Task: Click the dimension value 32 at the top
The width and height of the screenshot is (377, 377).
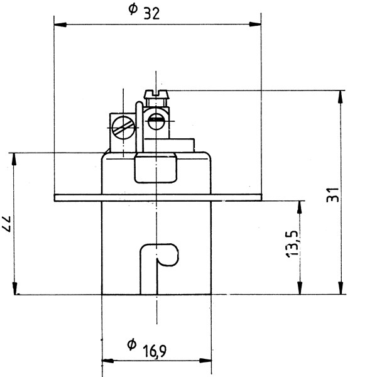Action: [x=151, y=14]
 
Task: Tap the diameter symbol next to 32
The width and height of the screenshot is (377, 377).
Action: [x=133, y=9]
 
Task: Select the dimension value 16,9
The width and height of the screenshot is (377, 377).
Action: [x=155, y=351]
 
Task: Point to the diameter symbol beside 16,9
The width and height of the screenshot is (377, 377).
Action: [x=131, y=344]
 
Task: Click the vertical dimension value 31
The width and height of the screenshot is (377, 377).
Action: [x=333, y=195]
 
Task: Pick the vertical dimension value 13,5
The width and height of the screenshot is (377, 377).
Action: [x=292, y=244]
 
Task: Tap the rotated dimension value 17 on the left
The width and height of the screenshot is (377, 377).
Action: [x=6, y=224]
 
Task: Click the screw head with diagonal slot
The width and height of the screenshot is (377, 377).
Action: [x=124, y=128]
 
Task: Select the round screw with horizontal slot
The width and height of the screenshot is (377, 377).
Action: [x=156, y=121]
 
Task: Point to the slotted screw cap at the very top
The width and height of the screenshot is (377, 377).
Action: [x=156, y=94]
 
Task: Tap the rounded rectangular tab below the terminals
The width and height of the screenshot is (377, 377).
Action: [x=156, y=168]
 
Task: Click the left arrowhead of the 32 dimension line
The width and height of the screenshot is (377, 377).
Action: [x=60, y=25]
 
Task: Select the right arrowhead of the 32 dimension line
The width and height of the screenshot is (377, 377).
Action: [x=255, y=24]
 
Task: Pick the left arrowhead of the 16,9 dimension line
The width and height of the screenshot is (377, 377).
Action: [x=108, y=361]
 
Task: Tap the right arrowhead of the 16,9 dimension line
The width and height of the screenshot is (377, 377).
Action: [x=205, y=361]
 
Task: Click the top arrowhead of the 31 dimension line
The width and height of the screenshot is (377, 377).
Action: [x=340, y=97]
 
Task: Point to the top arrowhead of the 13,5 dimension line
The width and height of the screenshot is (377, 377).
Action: [x=299, y=207]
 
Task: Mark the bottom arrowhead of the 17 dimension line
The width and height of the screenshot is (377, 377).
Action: [x=14, y=288]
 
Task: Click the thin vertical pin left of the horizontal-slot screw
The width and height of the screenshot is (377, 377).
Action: [x=139, y=127]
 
